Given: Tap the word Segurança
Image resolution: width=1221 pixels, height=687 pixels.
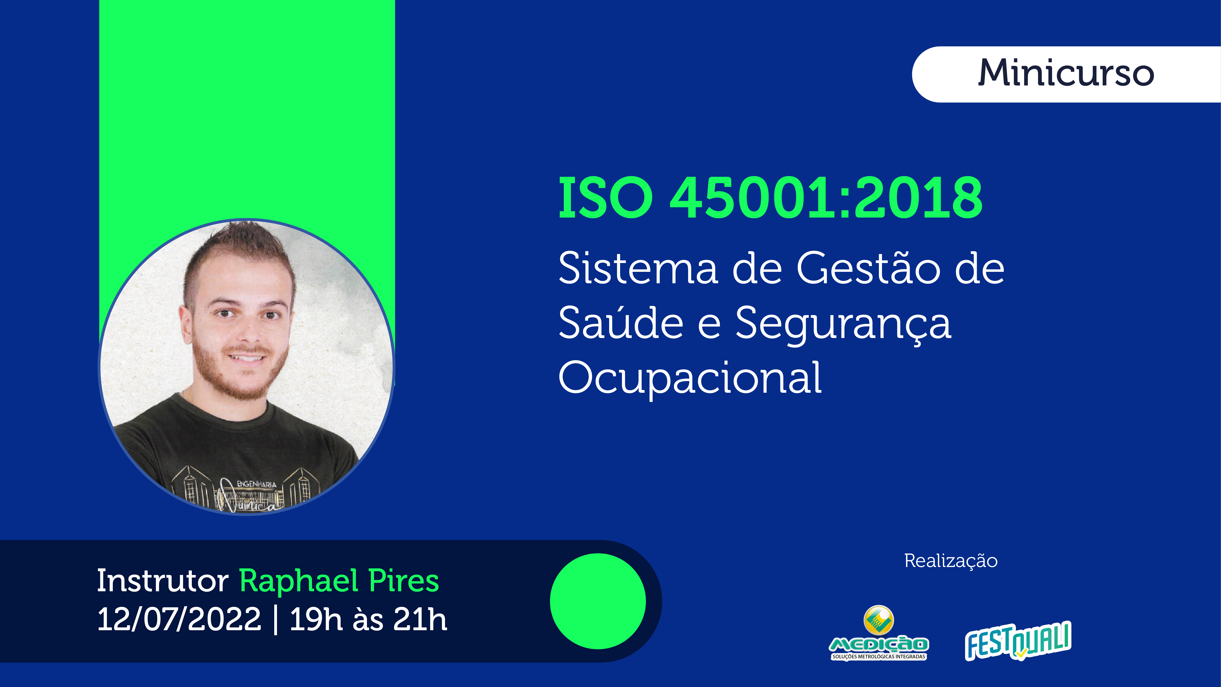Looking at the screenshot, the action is (x=843, y=325).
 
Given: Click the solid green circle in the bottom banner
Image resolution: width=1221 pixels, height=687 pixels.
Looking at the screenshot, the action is (x=598, y=601).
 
